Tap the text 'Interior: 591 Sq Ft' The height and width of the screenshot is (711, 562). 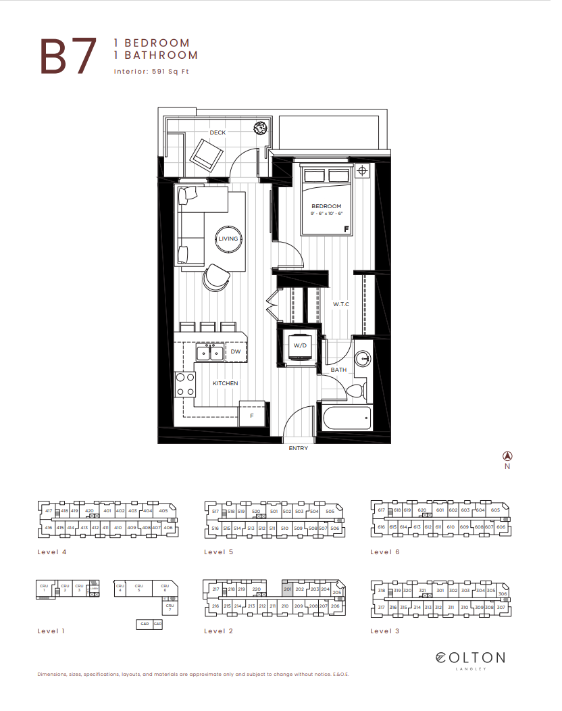click(151, 71)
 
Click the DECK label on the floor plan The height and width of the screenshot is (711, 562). click(218, 132)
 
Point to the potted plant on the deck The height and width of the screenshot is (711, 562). click(259, 128)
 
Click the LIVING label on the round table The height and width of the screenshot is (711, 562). click(228, 239)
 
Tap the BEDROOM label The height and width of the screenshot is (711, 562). click(326, 206)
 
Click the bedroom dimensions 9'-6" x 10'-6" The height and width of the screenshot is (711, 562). click(327, 214)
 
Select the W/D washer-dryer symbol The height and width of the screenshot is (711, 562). click(300, 345)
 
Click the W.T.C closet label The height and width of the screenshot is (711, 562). click(341, 305)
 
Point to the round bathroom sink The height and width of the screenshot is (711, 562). click(363, 359)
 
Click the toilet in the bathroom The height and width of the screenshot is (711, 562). click(355, 391)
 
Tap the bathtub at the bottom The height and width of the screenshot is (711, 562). click(347, 418)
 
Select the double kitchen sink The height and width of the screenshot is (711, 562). click(209, 352)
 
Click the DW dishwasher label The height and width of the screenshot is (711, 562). click(236, 352)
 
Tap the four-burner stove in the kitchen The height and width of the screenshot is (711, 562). click(184, 385)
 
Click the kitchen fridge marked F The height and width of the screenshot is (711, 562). click(252, 415)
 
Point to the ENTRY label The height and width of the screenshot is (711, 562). click(298, 448)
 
